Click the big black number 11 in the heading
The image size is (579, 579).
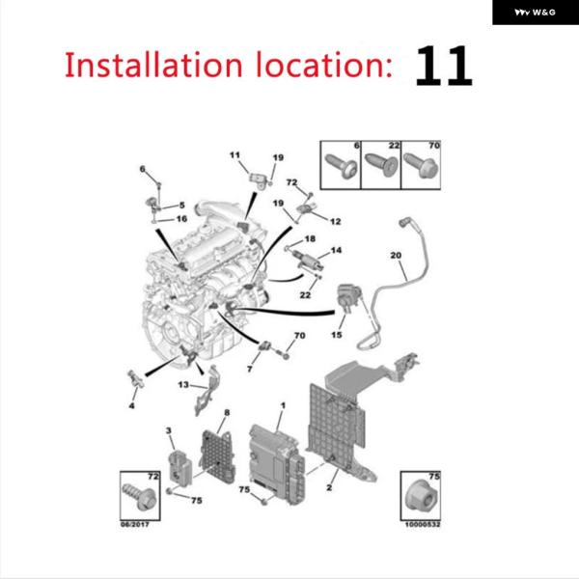pyautogui.click(x=444, y=66)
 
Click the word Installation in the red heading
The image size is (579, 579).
pyautogui.click(x=153, y=65)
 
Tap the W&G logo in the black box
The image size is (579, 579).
pyautogui.click(x=535, y=13)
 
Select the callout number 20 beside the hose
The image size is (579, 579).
pyautogui.click(x=396, y=255)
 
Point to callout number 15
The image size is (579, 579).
pyautogui.click(x=337, y=335)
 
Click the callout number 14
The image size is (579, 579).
pyautogui.click(x=336, y=250)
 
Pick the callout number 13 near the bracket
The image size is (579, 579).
pyautogui.click(x=183, y=384)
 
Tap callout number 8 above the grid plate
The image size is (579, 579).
pyautogui.click(x=227, y=412)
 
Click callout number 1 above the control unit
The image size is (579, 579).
pyautogui.click(x=283, y=405)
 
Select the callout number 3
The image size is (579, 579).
pyautogui.click(x=169, y=430)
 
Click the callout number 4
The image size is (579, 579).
pyautogui.click(x=132, y=406)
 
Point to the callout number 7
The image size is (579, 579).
pyautogui.click(x=250, y=369)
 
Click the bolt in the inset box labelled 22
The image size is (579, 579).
pyautogui.click(x=381, y=165)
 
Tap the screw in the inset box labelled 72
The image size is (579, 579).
pyautogui.click(x=139, y=497)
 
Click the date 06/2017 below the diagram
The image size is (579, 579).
pyautogui.click(x=135, y=524)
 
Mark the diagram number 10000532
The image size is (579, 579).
pyautogui.click(x=423, y=524)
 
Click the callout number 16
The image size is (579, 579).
pyautogui.click(x=181, y=219)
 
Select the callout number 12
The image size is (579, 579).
pyautogui.click(x=335, y=222)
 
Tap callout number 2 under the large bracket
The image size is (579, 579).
pyautogui.click(x=329, y=487)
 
